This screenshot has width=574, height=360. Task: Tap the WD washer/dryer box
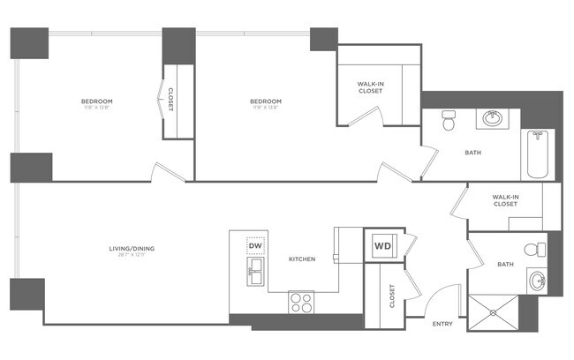(x=383, y=245)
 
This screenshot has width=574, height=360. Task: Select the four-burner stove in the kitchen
(x=301, y=303)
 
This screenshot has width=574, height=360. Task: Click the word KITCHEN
(x=303, y=259)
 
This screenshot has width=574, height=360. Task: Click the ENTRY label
(x=442, y=324)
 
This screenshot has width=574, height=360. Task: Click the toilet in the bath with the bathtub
(x=448, y=121)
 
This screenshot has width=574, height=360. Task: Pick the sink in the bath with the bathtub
(x=491, y=118)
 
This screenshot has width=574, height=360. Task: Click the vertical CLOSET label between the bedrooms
(x=170, y=101)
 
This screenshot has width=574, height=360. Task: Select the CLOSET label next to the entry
(x=392, y=299)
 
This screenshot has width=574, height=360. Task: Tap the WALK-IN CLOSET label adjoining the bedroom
(x=370, y=87)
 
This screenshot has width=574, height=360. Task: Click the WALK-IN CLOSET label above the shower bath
(x=505, y=200)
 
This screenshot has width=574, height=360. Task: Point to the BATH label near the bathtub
(x=473, y=153)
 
